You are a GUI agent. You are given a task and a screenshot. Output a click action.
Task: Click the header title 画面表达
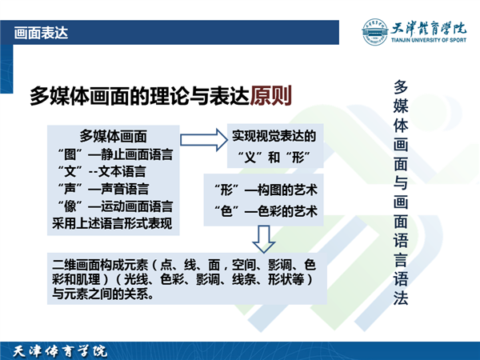pyautogui.click(x=41, y=33)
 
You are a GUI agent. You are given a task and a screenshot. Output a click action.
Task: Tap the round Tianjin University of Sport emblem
pyautogui.click(x=374, y=31)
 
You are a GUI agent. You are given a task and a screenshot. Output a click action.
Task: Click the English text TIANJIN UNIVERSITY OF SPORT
pyautogui.click(x=429, y=40)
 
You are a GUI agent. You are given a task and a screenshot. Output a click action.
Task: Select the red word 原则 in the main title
pyautogui.click(x=270, y=96)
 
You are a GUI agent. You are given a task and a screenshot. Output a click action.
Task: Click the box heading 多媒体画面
pyautogui.click(x=114, y=136)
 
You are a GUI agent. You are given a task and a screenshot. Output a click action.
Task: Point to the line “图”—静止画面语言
pyautogui.click(x=115, y=154)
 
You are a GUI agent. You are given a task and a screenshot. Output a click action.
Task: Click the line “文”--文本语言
pyautogui.click(x=102, y=171)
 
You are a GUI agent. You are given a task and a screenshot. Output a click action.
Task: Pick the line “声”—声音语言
pyautogui.click(x=103, y=189)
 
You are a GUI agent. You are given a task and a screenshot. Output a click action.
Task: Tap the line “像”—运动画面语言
pyautogui.click(x=115, y=206)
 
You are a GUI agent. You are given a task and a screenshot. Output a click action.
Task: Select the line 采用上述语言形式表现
pyautogui.click(x=112, y=223)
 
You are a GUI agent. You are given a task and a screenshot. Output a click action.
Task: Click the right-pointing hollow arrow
pyautogui.click(x=204, y=140)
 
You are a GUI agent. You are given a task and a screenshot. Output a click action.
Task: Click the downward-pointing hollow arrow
pyautogui.click(x=263, y=239)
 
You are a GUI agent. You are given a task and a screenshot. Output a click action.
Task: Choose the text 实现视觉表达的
pyautogui.click(x=274, y=136)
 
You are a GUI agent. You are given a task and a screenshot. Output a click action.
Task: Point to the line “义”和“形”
pyautogui.click(x=274, y=158)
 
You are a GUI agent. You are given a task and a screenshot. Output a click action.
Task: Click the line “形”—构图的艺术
pyautogui.click(x=266, y=190)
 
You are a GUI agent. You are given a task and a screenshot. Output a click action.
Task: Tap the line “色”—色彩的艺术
pyautogui.click(x=266, y=211)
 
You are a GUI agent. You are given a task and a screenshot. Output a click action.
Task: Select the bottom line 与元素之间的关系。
pyautogui.click(x=103, y=294)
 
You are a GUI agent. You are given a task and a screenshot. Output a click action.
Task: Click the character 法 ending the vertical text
pyautogui.click(x=401, y=298)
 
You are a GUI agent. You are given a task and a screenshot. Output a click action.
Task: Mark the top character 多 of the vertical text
pyautogui.click(x=401, y=86)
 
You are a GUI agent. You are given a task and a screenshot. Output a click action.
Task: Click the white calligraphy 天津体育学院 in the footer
pyautogui.click(x=60, y=351)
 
